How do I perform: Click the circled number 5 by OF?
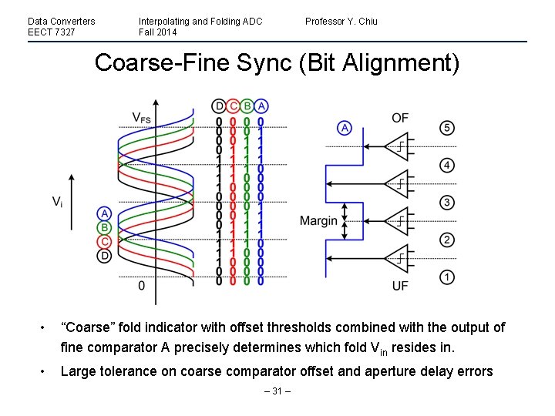[447, 128]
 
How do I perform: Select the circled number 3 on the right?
[447, 203]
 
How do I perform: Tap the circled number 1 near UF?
[447, 277]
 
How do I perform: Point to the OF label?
[400, 118]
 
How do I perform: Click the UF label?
[400, 287]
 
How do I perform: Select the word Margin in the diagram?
[318, 221]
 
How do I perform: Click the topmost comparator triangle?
[399, 146]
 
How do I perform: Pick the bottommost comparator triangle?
[399, 257]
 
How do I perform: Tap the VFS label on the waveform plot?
[141, 118]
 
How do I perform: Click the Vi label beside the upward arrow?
[58, 202]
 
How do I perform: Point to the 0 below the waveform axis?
[141, 286]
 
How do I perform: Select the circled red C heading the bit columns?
[234, 106]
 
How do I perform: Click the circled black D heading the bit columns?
[220, 106]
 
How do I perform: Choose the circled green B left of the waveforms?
[104, 227]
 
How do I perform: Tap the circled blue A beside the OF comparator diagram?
[345, 128]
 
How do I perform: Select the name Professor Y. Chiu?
[341, 21]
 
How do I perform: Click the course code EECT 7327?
[51, 32]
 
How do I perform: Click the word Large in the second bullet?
[78, 372]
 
